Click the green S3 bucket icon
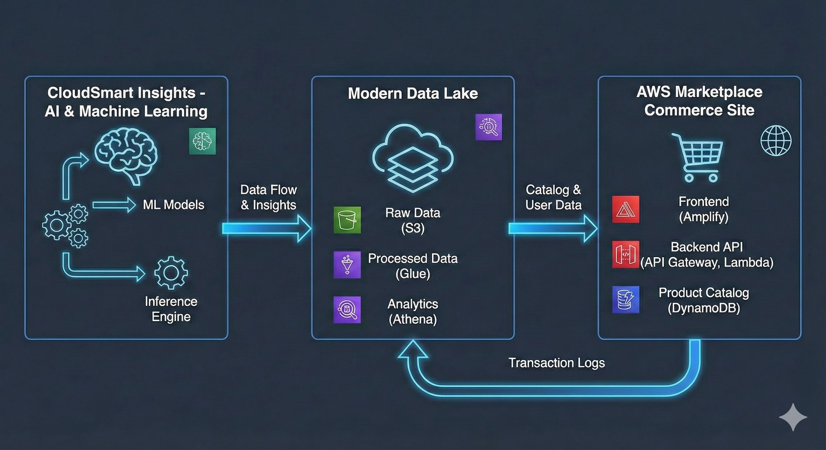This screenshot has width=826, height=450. pyautogui.click(x=347, y=220)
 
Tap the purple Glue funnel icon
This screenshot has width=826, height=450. pyautogui.click(x=347, y=265)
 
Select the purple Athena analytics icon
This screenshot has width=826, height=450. pyautogui.click(x=347, y=310)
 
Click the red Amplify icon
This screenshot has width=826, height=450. pyautogui.click(x=626, y=209)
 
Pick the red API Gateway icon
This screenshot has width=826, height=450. pyautogui.click(x=626, y=254)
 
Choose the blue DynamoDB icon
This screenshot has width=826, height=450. pyautogui.click(x=626, y=300)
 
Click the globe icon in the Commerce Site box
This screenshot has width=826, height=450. pyautogui.click(x=776, y=141)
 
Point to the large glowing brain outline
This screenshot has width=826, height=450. pyautogui.click(x=126, y=155)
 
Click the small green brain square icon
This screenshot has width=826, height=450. pyautogui.click(x=202, y=141)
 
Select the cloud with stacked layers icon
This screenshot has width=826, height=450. pyautogui.click(x=413, y=159)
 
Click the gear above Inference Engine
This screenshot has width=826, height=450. pyautogui.click(x=171, y=272)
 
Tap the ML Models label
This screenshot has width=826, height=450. pyautogui.click(x=173, y=205)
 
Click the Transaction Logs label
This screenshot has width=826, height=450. pyautogui.click(x=556, y=363)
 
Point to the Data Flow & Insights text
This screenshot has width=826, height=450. pyautogui.click(x=268, y=197)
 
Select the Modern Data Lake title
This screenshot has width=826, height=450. pyautogui.click(x=413, y=94)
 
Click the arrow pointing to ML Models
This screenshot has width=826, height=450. pyautogui.click(x=114, y=205)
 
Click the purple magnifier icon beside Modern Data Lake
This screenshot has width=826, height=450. pyautogui.click(x=489, y=127)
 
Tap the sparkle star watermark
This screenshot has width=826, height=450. pyautogui.click(x=793, y=417)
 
